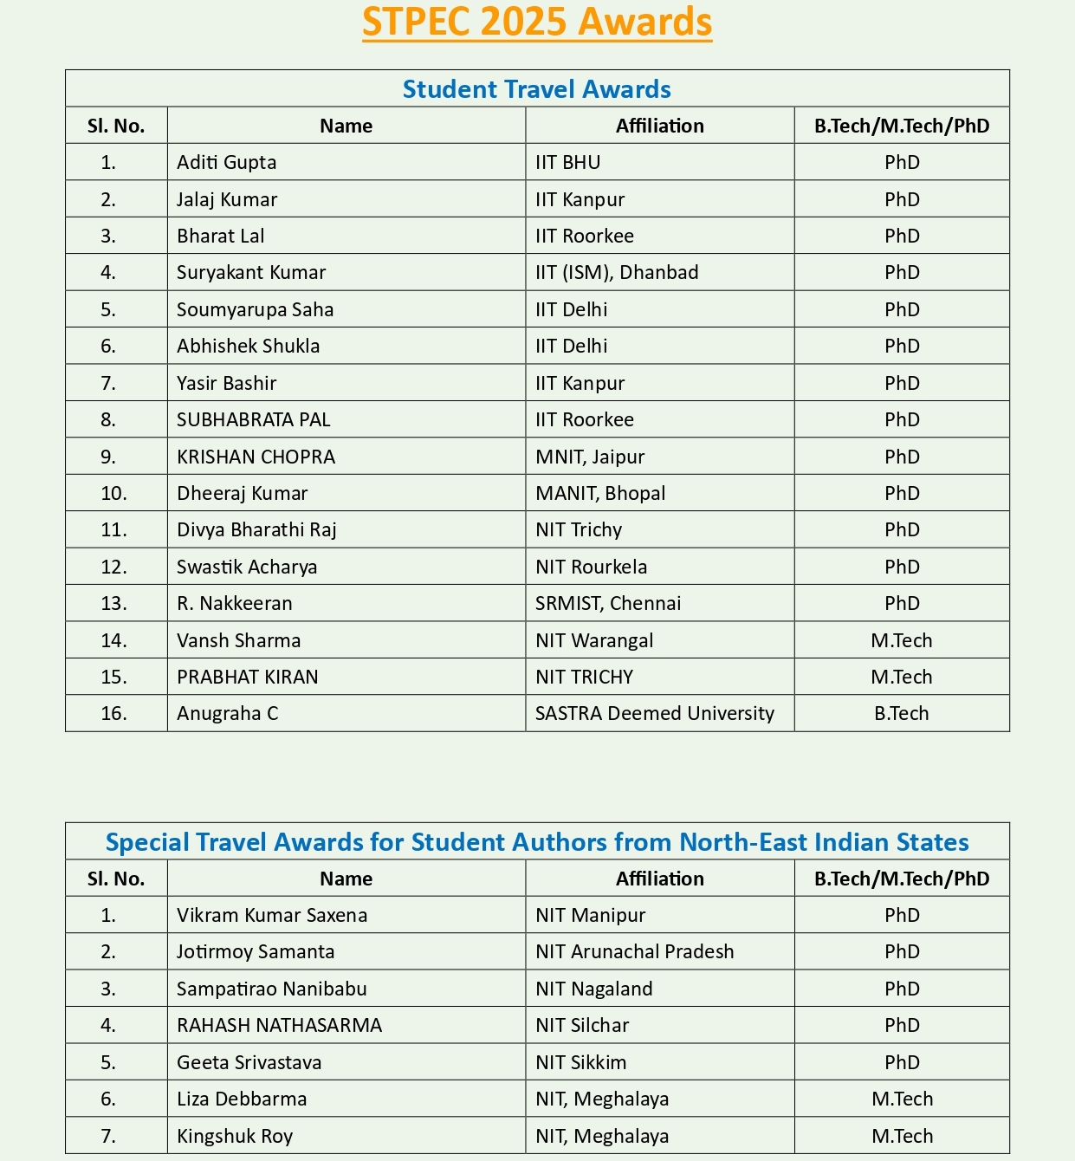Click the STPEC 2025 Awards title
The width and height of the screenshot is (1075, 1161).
pos(537,23)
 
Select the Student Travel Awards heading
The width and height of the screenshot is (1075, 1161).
pos(537,89)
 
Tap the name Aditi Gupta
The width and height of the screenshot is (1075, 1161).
pos(227,163)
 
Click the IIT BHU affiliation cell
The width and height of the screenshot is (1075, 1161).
pos(568,163)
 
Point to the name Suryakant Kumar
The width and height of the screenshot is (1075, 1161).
pos(251,273)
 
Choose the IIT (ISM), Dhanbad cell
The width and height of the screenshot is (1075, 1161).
pos(617,273)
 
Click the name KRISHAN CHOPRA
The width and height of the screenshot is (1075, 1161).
pos(256,457)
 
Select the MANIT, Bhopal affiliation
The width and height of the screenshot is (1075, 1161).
pos(600,494)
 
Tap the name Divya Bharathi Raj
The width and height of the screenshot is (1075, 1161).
pos(256,530)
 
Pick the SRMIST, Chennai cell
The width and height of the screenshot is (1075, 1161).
pos(608,604)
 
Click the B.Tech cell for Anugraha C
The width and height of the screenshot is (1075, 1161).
pos(901,714)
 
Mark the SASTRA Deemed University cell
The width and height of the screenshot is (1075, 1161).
pos(655,714)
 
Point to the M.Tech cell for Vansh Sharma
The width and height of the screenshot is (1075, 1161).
pos(901,641)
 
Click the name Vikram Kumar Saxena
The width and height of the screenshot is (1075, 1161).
pos(272,916)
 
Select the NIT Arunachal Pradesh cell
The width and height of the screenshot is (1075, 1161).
pos(635,952)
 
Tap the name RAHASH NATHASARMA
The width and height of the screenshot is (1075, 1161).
pos(279,1026)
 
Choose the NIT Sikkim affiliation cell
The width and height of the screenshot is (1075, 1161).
pos(581,1063)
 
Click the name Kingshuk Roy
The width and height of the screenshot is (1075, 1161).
pos(235,1136)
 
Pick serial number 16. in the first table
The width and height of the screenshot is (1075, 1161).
pos(113,714)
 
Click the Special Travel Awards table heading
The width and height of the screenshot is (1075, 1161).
pos(537,842)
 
